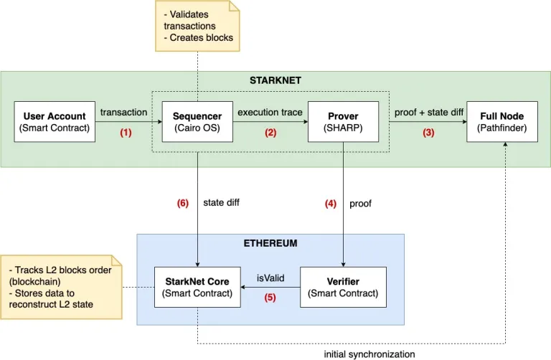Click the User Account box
(55, 121)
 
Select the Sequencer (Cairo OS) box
(197, 121)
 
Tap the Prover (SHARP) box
(343, 121)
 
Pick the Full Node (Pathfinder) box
(502, 121)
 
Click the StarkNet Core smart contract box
(197, 286)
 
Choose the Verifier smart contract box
(343, 286)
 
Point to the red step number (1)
(126, 133)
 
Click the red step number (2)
(270, 133)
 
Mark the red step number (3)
(428, 133)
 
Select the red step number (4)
(330, 203)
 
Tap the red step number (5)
(270, 297)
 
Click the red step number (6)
(183, 203)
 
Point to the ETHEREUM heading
(270, 244)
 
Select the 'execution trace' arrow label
(270, 113)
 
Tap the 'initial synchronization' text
(369, 354)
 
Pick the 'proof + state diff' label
(429, 113)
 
